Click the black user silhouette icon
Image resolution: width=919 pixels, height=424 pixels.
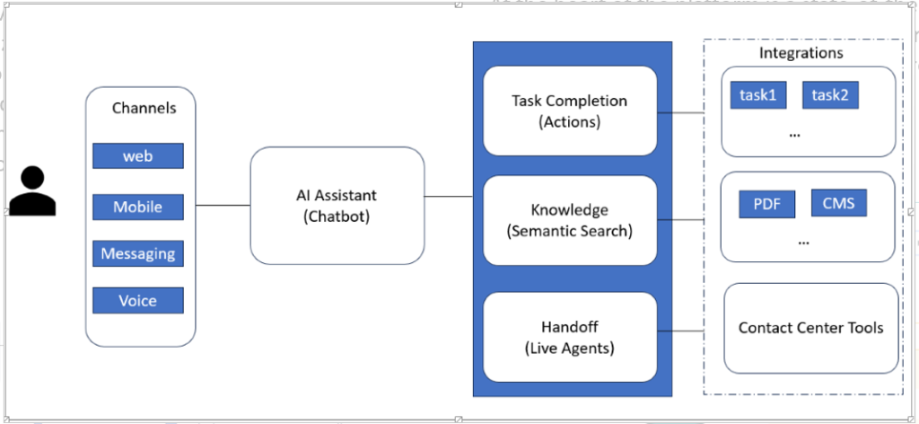(32, 191)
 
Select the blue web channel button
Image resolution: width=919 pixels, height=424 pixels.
(138, 156)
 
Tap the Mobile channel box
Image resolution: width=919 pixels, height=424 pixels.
(138, 207)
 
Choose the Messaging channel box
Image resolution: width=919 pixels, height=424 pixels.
(138, 254)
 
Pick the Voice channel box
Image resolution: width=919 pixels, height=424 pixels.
(138, 301)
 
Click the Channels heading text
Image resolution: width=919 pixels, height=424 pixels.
(144, 108)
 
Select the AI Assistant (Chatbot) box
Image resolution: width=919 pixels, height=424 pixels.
(337, 206)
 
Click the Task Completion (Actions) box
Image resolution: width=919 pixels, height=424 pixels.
(570, 111)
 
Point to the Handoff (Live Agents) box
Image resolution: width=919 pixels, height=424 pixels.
(570, 335)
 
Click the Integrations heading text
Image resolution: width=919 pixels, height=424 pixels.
(801, 53)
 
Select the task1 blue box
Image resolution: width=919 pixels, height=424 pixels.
(757, 95)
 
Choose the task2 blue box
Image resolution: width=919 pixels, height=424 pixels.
(829, 95)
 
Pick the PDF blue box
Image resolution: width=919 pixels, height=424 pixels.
(766, 205)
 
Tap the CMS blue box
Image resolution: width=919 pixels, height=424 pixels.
(838, 204)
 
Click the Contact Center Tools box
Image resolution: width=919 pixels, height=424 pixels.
(810, 328)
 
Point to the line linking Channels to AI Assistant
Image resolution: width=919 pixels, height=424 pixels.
(223, 206)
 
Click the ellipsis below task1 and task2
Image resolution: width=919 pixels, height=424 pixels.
(794, 133)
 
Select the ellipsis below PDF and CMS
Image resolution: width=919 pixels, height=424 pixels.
(802, 242)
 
